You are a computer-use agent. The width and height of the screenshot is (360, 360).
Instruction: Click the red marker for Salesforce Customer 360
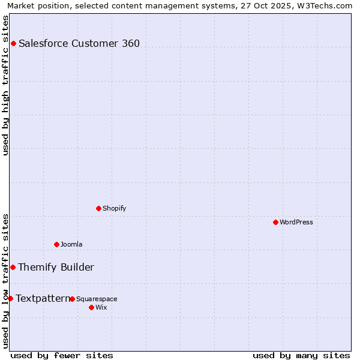point(13,43)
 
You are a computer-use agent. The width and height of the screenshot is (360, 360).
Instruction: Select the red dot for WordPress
point(275,222)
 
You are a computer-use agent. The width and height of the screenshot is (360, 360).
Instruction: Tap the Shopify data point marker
point(98,208)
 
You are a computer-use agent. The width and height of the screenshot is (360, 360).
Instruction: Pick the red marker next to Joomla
point(56,244)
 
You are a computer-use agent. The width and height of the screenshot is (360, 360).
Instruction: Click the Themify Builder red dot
point(13,267)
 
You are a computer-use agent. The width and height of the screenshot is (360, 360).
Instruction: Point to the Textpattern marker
point(10,298)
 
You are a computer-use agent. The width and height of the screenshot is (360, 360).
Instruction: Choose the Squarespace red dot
point(72,299)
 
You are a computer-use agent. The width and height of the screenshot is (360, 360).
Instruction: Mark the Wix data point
point(91,307)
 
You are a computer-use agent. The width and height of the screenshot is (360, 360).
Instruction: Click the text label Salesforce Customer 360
point(79,43)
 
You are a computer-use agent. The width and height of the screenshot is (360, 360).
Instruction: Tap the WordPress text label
point(296,222)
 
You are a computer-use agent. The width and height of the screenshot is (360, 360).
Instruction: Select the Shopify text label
point(115,208)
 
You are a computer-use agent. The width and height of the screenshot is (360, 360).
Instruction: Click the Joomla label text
point(71,244)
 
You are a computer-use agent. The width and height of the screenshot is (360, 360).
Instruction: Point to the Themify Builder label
point(56,267)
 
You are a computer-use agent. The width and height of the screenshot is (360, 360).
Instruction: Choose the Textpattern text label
point(43,298)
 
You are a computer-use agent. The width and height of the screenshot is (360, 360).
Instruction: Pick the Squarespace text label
point(97,299)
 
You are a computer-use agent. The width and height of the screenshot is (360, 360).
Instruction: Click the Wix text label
point(101,307)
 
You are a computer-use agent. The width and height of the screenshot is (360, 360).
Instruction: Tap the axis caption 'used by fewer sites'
point(62,355)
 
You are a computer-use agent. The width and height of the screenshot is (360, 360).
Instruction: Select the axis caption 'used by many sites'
point(301,355)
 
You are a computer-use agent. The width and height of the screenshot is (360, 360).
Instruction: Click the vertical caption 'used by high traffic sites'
point(6,85)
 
